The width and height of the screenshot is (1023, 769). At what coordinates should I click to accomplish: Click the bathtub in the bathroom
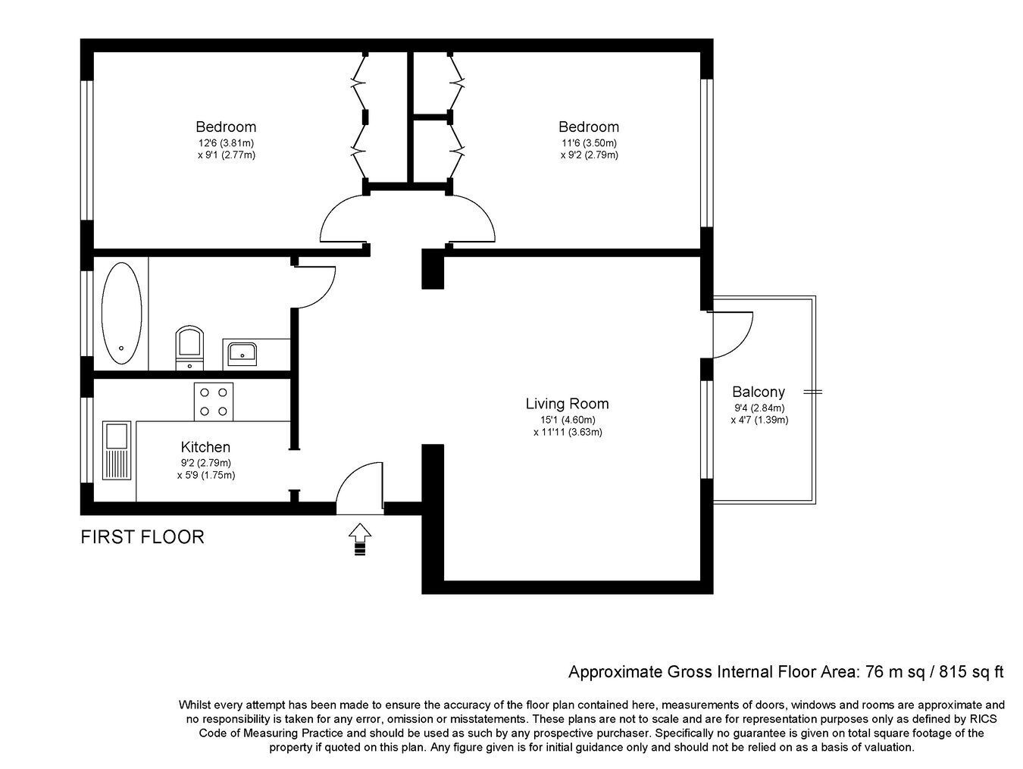pos(122,313)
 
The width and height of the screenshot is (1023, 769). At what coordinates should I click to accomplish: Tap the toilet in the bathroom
pos(189,348)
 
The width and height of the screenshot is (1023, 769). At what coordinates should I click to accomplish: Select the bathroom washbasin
pos(242,354)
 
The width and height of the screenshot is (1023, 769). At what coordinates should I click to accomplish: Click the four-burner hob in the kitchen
pos(214,402)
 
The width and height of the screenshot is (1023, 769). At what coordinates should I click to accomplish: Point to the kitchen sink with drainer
pos(117,450)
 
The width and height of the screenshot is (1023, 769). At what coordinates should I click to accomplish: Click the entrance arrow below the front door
pos(360,539)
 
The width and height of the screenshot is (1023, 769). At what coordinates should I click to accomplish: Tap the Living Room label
pos(567,403)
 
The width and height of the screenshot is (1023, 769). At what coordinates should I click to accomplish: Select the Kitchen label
pos(205,447)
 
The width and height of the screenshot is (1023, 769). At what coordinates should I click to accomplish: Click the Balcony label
pos(759,392)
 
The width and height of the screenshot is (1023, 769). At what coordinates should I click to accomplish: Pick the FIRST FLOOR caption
pos(142,537)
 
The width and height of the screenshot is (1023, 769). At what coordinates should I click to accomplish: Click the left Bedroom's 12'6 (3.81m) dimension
pos(226,143)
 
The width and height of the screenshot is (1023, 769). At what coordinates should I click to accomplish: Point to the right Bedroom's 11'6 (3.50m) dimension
pos(589,143)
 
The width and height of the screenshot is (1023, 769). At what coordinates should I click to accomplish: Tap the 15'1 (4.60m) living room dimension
pos(568,420)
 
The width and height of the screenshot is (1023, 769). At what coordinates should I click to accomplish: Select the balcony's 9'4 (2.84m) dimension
pos(759,408)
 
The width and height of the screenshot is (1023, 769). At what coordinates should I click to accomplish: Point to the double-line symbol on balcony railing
pos(813,392)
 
